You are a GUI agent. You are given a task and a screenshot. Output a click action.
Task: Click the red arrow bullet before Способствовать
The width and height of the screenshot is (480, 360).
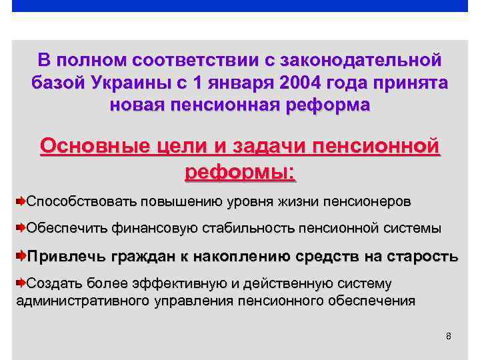pos(20,201)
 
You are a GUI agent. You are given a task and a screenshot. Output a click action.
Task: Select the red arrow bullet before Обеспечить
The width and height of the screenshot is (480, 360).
pos(20,228)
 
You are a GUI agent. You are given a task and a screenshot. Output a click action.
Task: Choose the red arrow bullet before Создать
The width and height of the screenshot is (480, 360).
pos(20,283)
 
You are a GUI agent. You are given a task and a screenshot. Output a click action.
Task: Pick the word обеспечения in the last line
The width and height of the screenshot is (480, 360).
pos(371,300)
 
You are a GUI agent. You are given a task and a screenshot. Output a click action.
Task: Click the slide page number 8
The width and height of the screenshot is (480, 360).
pos(448,336)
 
